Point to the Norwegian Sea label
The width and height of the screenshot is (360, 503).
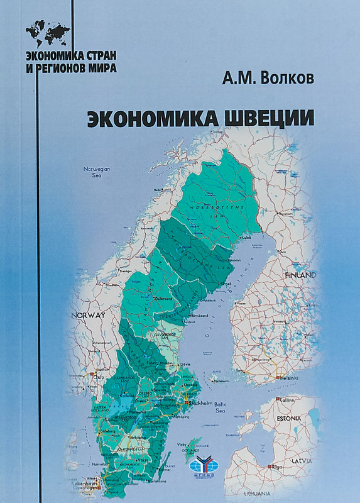point(97,172)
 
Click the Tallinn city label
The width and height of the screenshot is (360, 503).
point(286,399)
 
